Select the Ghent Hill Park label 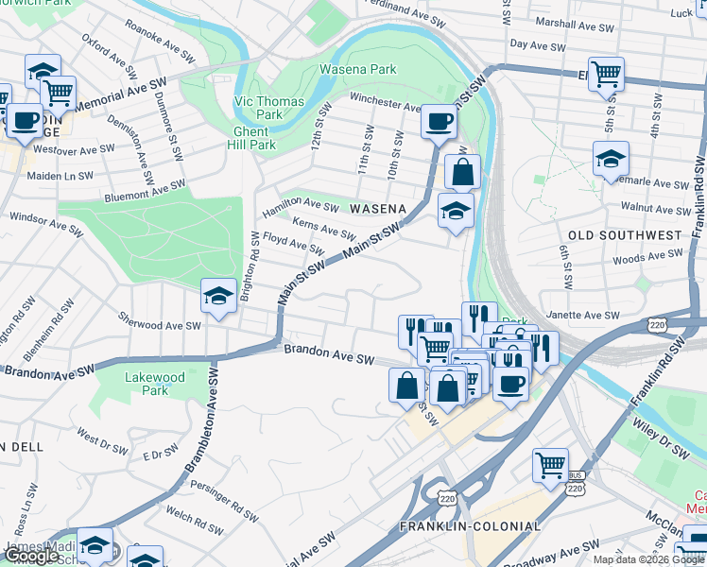[x=251, y=139]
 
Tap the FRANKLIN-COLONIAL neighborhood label [x=470, y=526]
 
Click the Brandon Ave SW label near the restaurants [x=330, y=355]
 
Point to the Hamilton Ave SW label [x=301, y=205]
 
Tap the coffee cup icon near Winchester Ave [x=439, y=121]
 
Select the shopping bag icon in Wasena [x=462, y=173]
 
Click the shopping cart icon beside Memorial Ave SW [x=58, y=93]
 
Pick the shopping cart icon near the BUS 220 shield [x=550, y=465]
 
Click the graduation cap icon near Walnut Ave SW [x=611, y=159]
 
